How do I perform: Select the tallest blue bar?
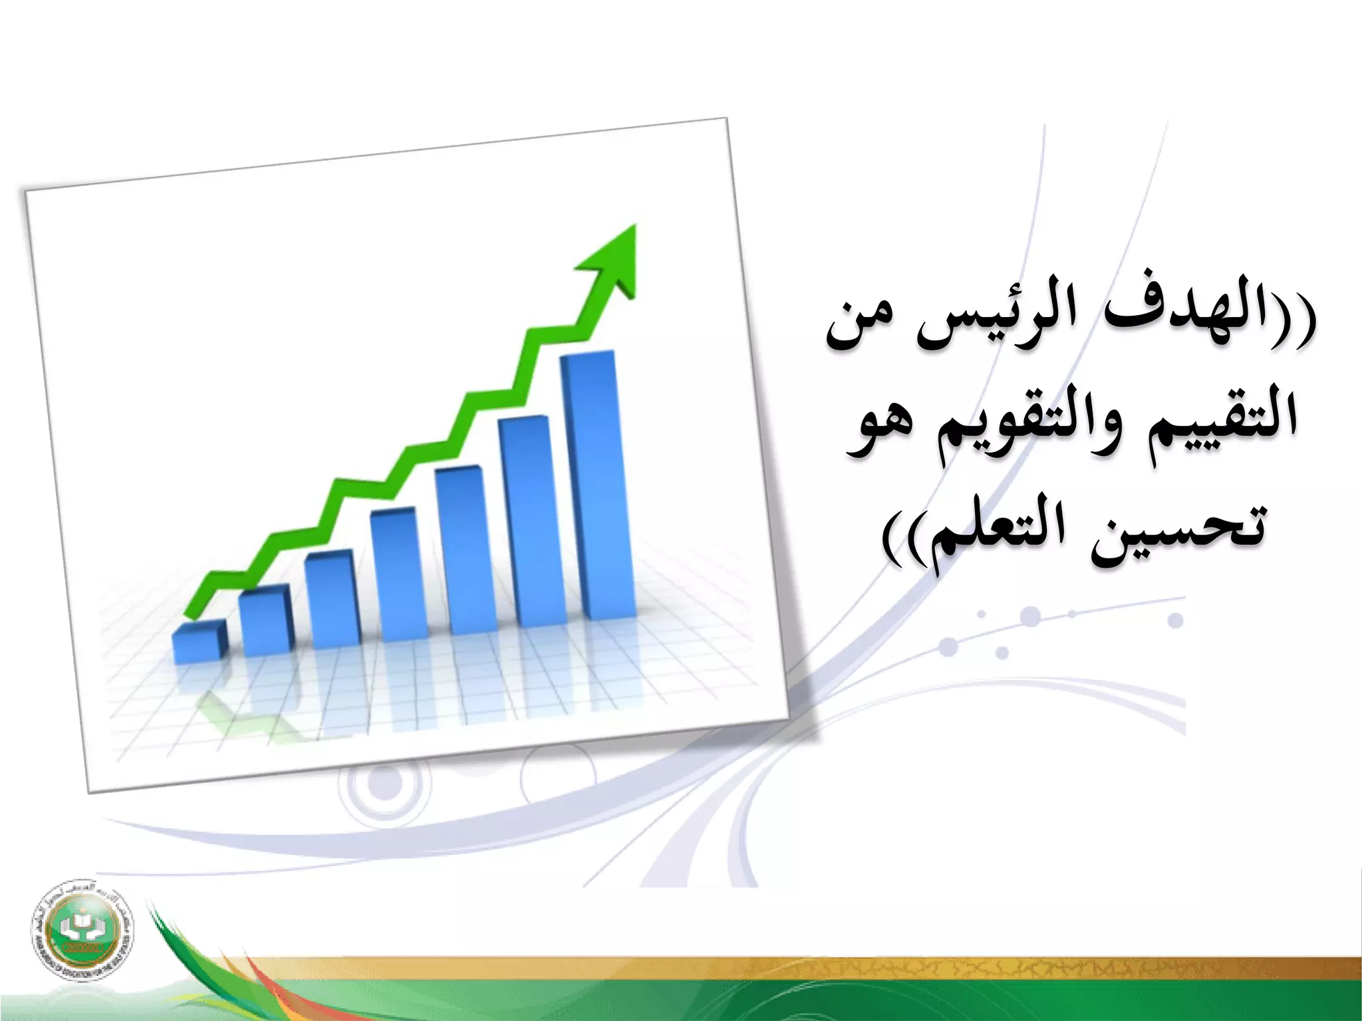(x=597, y=485)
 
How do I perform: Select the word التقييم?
(x=1220, y=419)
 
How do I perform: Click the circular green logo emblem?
(x=81, y=929)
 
